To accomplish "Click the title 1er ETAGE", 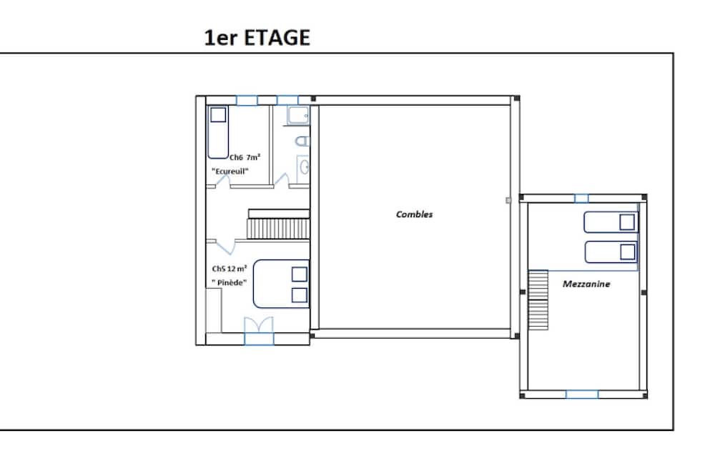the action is [257, 38].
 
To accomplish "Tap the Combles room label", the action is [414, 214].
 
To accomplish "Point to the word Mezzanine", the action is [586, 284].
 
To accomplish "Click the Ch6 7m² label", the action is [245, 157].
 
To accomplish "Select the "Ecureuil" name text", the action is [230, 172].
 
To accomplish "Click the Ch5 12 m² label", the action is [230, 269].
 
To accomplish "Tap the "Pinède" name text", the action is [229, 283].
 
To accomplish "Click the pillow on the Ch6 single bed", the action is [218, 115].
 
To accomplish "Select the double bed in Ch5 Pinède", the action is [281, 284].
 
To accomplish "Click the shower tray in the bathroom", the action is [298, 116].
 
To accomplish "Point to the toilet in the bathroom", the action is [302, 141].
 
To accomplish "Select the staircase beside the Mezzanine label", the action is [538, 299].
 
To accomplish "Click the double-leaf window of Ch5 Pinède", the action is [259, 332].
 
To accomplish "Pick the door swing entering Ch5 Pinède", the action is [225, 247].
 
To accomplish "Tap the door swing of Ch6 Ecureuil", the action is [222, 182].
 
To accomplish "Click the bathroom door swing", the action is [281, 180].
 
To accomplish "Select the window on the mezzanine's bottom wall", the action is [582, 395].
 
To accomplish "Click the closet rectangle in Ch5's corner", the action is [214, 310].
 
